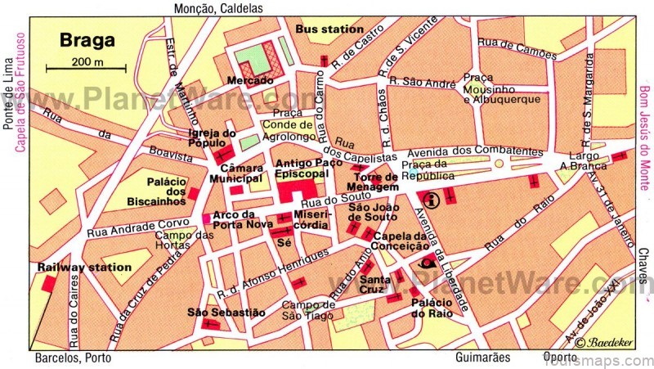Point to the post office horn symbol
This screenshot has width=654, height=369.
click(x=425, y=263)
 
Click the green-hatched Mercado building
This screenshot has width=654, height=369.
click(x=258, y=58)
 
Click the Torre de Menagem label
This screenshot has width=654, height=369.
click(x=374, y=182)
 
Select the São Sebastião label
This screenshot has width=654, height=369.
click(x=215, y=312)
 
